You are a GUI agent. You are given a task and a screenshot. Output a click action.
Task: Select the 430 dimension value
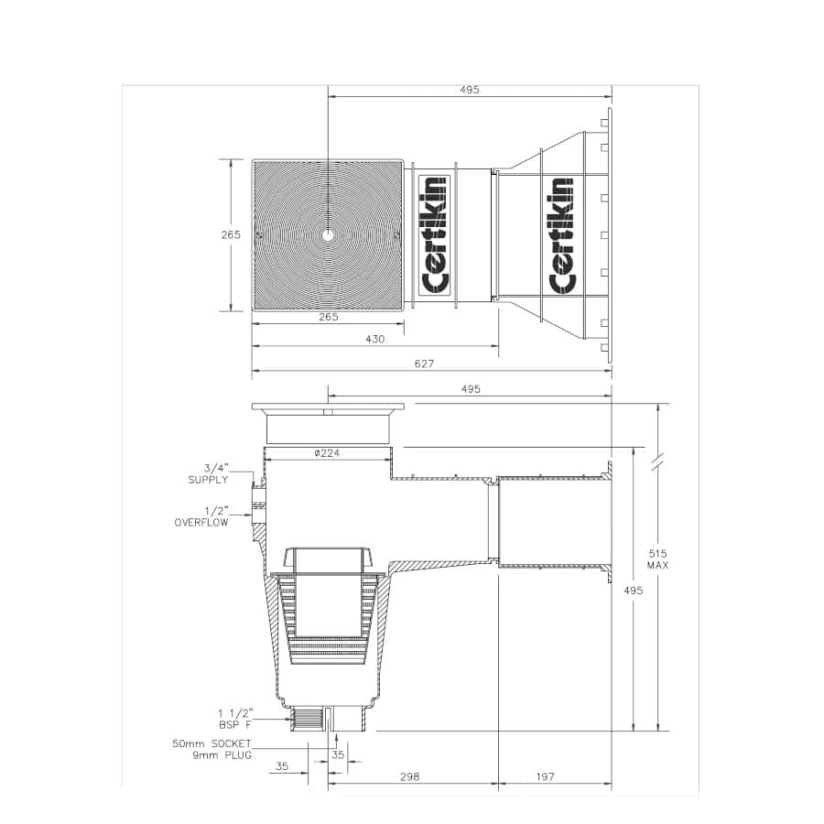(375, 339)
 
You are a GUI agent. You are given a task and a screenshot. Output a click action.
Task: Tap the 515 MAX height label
(656, 559)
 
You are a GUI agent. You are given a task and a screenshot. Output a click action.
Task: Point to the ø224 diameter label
(328, 452)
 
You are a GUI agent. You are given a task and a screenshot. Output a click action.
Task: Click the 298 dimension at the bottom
(409, 776)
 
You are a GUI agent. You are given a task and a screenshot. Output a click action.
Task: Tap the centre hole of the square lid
(328, 236)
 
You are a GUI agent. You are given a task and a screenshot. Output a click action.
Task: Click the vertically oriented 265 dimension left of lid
(231, 234)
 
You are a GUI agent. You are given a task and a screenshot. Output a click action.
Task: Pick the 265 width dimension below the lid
(328, 318)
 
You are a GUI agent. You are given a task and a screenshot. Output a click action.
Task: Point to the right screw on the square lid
(396, 235)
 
